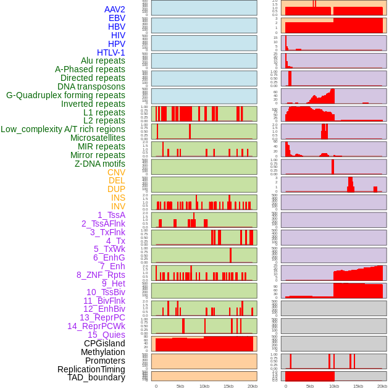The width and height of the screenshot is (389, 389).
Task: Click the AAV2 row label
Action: (115, 9)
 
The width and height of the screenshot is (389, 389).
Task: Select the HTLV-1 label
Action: (111, 52)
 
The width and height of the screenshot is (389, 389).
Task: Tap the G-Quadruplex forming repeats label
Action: (65, 95)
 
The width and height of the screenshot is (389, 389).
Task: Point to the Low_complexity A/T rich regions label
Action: (63, 129)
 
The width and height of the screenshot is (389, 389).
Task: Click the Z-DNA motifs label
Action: (100, 164)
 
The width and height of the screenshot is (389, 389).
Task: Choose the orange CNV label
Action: (116, 172)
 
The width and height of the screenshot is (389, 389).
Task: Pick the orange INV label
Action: (118, 206)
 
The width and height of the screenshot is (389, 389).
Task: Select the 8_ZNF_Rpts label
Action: (101, 275)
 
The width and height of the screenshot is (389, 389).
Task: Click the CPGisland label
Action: (104, 343)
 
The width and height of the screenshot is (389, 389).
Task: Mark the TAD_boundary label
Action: (96, 377)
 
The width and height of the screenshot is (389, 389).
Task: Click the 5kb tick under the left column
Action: (180, 386)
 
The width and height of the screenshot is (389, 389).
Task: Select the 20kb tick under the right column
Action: (382, 386)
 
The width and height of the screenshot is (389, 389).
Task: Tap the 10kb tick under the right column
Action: (334, 386)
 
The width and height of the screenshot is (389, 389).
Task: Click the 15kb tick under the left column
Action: (228, 386)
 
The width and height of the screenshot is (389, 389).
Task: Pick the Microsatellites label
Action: (98, 138)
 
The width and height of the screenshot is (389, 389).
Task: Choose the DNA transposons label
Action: (91, 86)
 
